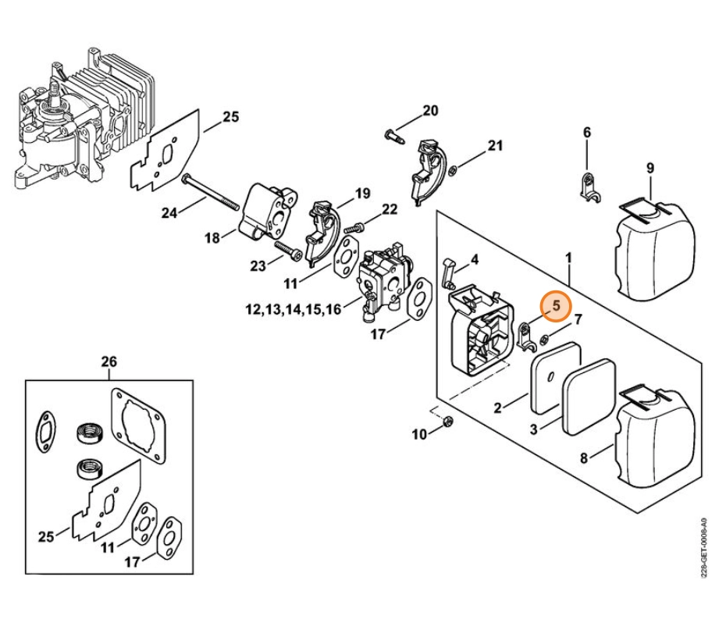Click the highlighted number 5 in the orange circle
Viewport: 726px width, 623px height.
556,306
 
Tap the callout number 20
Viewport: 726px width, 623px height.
430,111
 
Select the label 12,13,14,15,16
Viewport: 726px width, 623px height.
293,309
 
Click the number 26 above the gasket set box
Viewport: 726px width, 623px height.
109,361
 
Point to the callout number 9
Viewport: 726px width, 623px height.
650,168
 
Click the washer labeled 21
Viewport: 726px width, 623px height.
454,170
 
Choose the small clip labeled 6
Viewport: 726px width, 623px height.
589,187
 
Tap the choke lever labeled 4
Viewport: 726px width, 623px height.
449,272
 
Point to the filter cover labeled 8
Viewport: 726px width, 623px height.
655,436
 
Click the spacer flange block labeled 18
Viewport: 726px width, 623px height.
267,212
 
